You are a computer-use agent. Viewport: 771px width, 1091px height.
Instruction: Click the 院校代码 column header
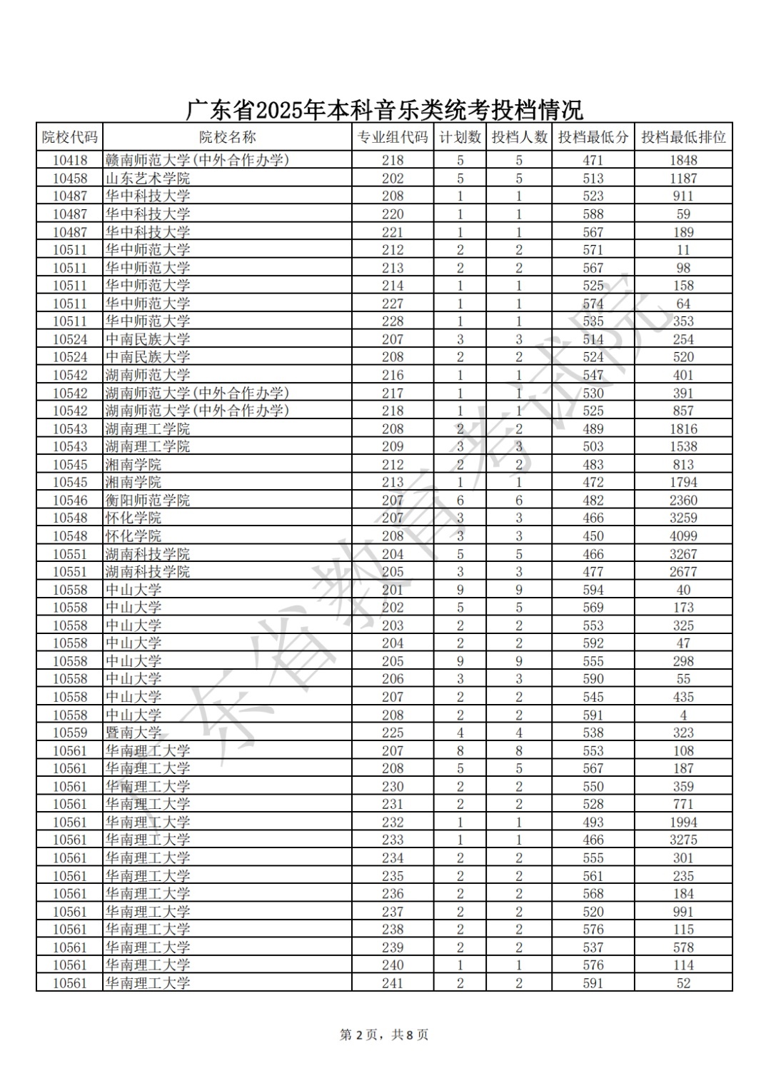point(69,137)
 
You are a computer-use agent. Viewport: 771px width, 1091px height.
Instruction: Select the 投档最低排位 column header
point(683,137)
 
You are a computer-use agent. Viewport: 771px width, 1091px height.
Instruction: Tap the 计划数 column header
point(460,137)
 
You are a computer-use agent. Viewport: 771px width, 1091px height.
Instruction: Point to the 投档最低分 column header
point(593,137)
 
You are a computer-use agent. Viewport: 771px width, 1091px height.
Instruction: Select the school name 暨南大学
point(133,733)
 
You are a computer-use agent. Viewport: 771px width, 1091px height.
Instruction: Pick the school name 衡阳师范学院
point(148,501)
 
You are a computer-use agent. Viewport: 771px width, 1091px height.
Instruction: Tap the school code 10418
point(69,161)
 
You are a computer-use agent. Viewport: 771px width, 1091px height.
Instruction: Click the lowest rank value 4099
point(683,536)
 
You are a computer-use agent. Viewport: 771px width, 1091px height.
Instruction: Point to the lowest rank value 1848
point(683,161)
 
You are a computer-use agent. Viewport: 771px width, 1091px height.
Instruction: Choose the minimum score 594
point(593,590)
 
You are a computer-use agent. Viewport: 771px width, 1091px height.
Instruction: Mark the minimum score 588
point(593,214)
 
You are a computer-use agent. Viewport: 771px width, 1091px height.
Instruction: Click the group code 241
point(393,983)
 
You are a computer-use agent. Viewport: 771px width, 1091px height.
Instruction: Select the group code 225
point(393,733)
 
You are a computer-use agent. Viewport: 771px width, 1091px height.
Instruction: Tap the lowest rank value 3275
point(683,840)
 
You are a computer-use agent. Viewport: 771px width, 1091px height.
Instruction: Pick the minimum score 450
point(593,536)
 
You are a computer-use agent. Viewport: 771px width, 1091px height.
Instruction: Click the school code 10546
point(69,501)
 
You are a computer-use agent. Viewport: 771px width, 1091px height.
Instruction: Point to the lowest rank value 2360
point(683,501)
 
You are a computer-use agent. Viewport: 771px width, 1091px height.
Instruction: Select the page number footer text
point(384,1035)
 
